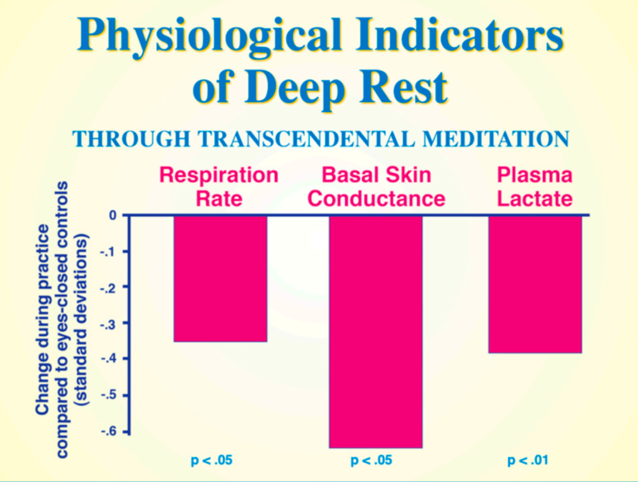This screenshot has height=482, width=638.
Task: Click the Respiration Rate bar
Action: tap(220, 278)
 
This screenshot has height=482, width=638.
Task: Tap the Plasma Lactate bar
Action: tap(534, 283)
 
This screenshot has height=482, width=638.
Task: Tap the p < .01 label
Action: tap(528, 461)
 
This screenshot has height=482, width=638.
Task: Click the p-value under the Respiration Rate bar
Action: tap(212, 461)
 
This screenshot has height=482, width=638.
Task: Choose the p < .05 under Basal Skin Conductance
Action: tap(372, 461)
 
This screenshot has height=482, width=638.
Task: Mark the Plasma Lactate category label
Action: tap(534, 188)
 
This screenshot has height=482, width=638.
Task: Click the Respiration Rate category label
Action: tap(219, 188)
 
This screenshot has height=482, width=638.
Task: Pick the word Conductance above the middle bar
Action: tap(376, 199)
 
